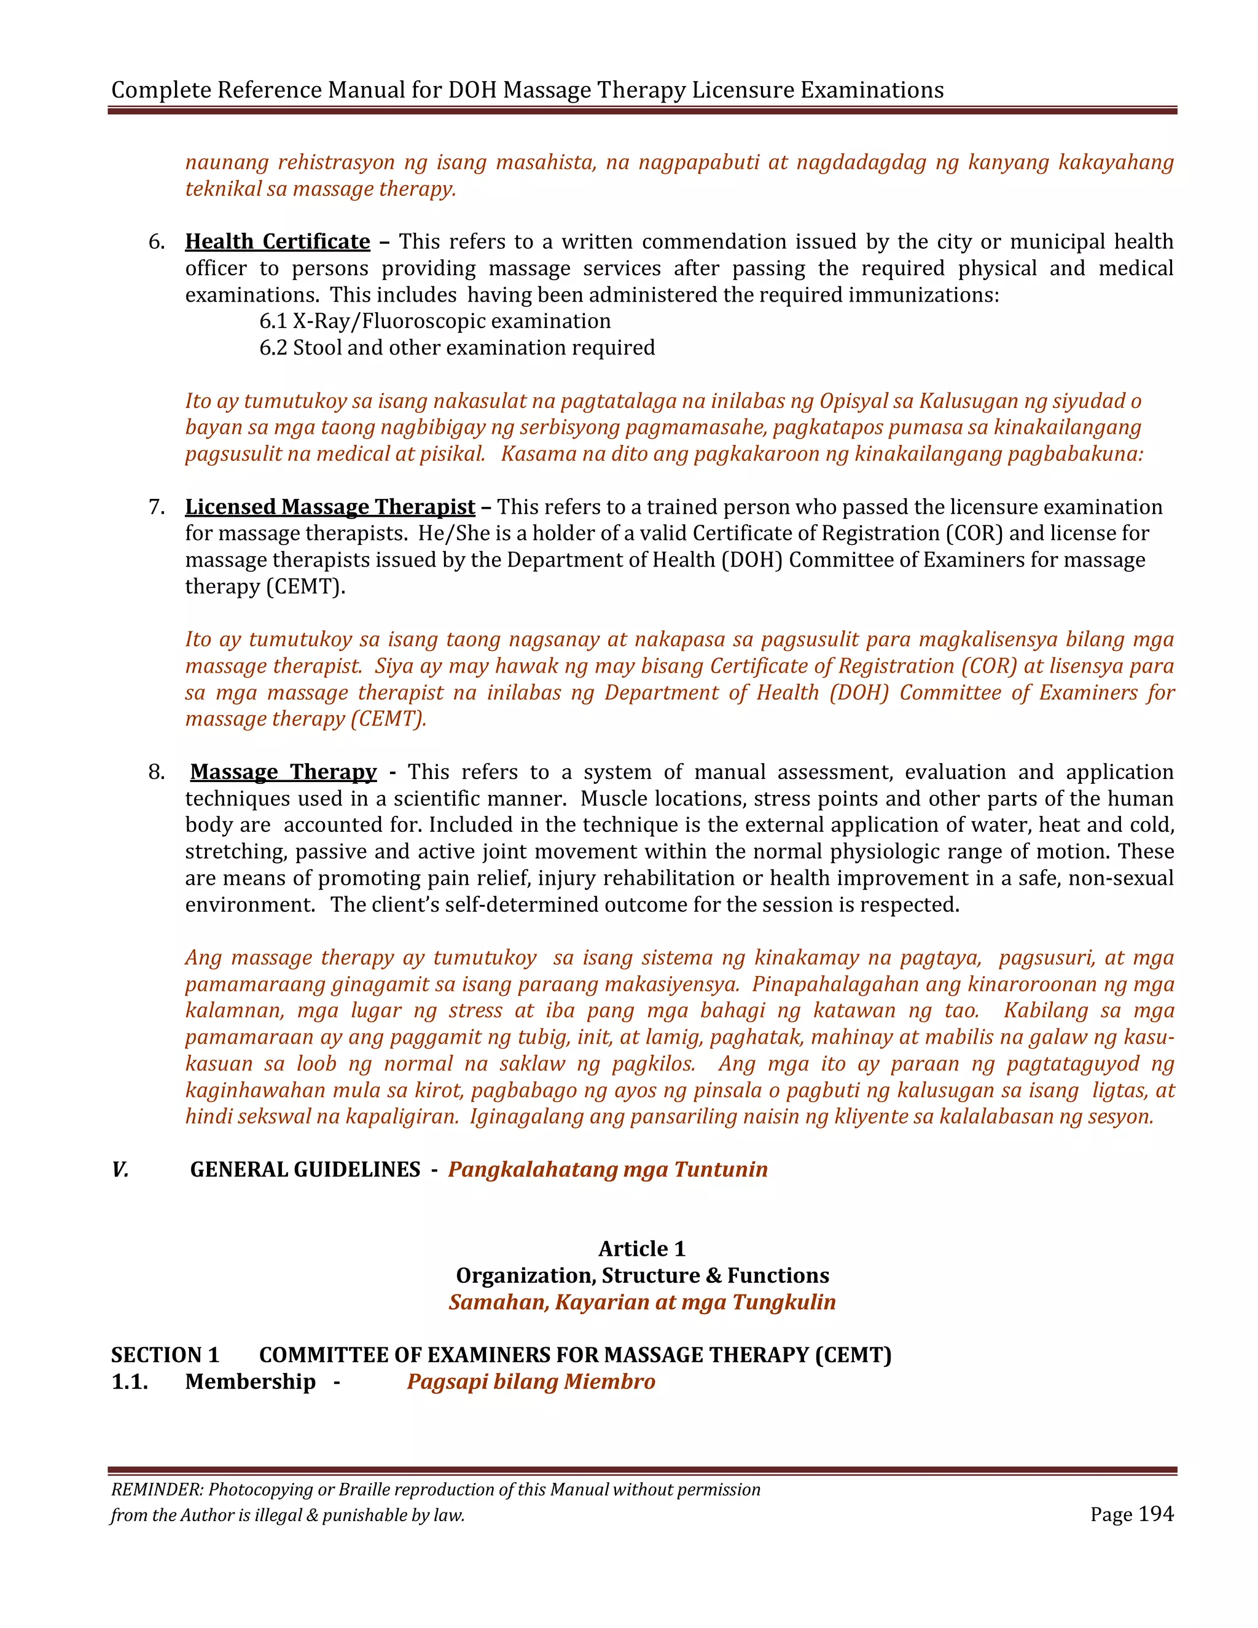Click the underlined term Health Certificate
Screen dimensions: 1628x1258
pos(277,241)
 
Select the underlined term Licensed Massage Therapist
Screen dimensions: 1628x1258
pos(329,507)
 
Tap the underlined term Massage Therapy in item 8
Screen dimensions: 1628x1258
pos(283,772)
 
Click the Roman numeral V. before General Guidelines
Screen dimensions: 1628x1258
pos(120,1170)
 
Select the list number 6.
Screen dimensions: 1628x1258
pos(156,241)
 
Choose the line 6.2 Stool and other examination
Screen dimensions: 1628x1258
pos(457,348)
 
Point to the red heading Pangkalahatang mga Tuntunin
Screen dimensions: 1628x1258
pos(608,1170)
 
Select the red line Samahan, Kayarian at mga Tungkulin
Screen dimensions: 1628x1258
pos(642,1302)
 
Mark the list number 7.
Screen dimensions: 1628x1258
pos(156,507)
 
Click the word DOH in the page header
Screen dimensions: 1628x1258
pos(472,90)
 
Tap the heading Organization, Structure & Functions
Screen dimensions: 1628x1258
pos(642,1275)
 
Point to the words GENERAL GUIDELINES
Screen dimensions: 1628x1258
pos(305,1170)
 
